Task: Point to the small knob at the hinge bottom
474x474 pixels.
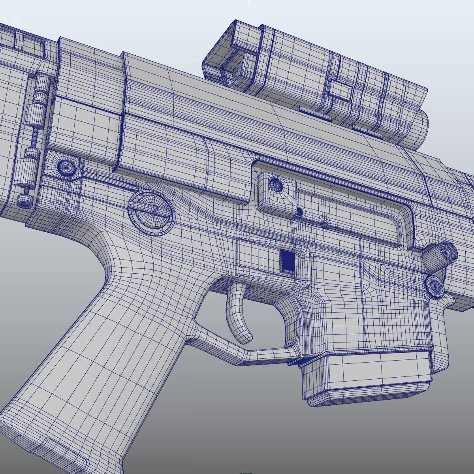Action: [x=25, y=201]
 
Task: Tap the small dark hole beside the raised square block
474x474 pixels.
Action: [x=299, y=212]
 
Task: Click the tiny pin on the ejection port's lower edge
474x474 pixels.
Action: [x=324, y=225]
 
